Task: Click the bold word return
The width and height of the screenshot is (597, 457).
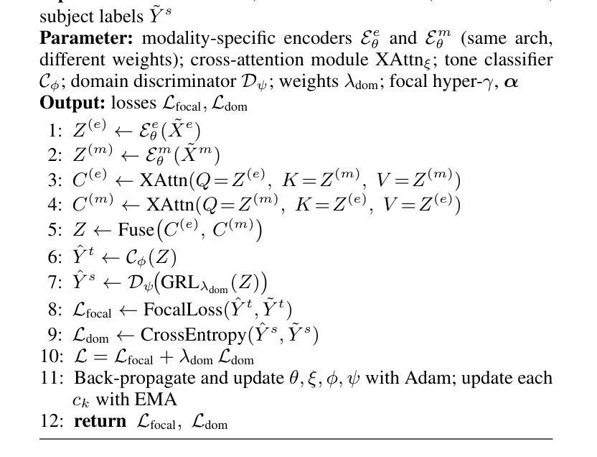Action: pos(100,422)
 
